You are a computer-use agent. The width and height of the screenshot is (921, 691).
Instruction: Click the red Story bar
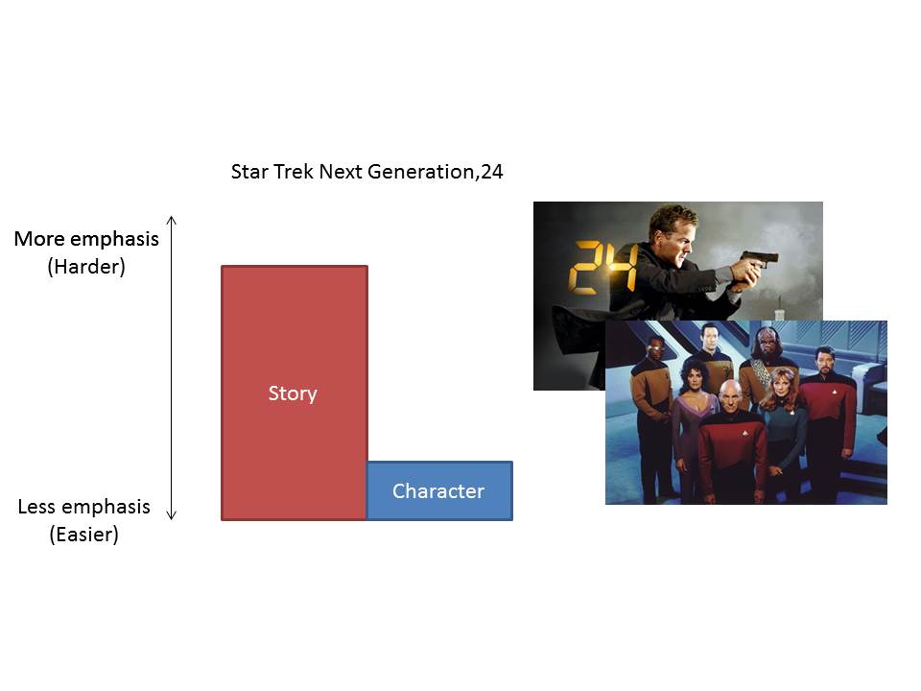[295, 393]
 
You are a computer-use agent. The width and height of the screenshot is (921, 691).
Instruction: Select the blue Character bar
[440, 490]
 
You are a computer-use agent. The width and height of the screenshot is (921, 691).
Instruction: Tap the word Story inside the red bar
[293, 393]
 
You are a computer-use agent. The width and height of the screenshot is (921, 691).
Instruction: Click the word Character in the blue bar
[438, 490]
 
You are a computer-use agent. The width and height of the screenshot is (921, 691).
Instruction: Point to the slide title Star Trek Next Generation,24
[367, 172]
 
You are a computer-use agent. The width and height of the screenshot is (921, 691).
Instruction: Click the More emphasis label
[86, 239]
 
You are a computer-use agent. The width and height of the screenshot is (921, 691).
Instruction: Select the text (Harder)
[86, 266]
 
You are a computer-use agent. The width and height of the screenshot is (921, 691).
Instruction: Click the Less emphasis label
[84, 507]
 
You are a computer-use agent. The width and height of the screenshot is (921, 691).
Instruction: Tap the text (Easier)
[84, 535]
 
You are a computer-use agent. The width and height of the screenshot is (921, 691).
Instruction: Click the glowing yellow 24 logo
[603, 268]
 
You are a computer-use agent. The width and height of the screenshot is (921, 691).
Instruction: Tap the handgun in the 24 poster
[758, 260]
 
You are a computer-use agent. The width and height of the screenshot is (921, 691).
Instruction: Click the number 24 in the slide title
[492, 172]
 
